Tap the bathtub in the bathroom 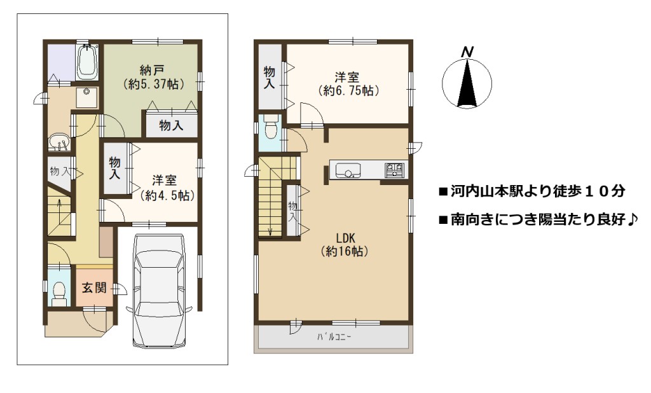coord(88,62)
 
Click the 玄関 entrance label coord(94,288)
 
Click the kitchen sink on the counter coord(348,170)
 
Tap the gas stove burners coord(394,170)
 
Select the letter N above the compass coord(467,52)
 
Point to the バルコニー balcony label coord(334,336)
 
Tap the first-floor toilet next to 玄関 coord(60,293)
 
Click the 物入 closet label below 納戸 coord(171,125)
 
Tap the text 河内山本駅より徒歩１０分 coord(538,191)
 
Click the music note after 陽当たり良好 coord(631,218)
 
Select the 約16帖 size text coord(344,251)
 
